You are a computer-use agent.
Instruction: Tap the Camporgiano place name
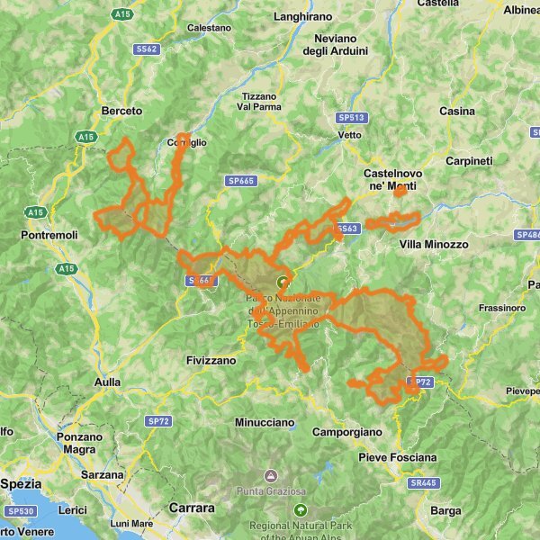[346, 432]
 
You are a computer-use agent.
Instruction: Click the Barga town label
[445, 510]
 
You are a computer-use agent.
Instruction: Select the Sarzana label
[102, 474]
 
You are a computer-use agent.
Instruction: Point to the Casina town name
[456, 111]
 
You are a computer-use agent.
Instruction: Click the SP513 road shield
[351, 118]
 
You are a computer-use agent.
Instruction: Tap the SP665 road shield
[240, 181]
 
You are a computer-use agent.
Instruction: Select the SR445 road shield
[421, 482]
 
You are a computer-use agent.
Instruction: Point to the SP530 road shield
[20, 510]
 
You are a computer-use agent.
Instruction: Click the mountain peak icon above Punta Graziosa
[269, 474]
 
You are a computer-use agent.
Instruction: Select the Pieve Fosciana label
[397, 457]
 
